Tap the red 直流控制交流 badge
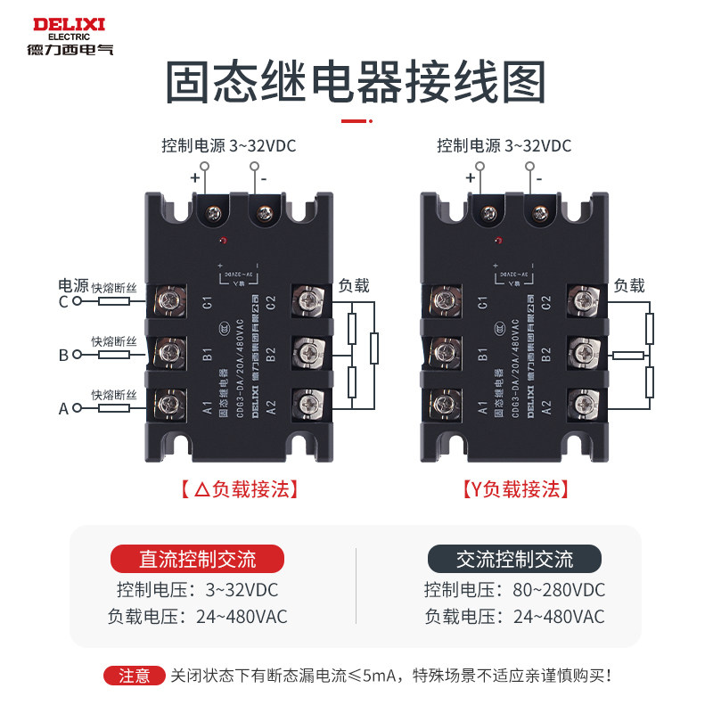(x=197, y=559)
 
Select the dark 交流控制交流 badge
(x=514, y=559)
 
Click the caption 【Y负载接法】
(x=515, y=489)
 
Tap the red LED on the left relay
(x=224, y=241)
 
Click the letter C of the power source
(x=63, y=302)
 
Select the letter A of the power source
(x=63, y=408)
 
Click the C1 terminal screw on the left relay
(x=167, y=300)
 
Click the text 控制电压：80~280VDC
(x=514, y=590)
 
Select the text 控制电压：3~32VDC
(x=197, y=590)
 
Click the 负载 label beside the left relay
(x=354, y=286)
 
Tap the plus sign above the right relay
(x=470, y=176)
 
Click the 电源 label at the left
(x=70, y=285)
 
